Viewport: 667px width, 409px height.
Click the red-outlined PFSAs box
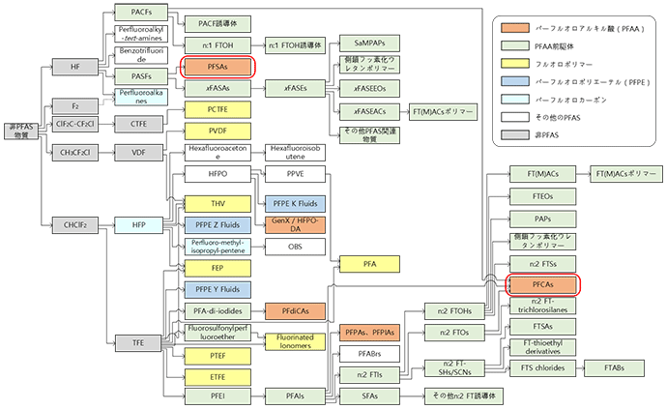click(217, 67)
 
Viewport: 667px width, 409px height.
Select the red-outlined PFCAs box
click(543, 284)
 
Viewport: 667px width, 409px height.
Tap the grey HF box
click(75, 67)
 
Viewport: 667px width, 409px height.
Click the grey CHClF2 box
click(75, 225)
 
